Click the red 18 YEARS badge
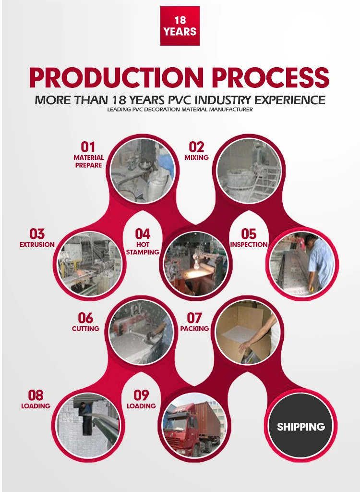[180, 26]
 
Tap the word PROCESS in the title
[271, 77]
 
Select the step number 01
[88, 147]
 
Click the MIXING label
[196, 158]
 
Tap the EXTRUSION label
[37, 245]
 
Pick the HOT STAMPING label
[143, 248]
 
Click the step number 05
[249, 234]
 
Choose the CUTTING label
[85, 329]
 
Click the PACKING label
[194, 329]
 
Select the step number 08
[36, 395]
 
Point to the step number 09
[141, 395]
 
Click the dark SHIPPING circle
[301, 426]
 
